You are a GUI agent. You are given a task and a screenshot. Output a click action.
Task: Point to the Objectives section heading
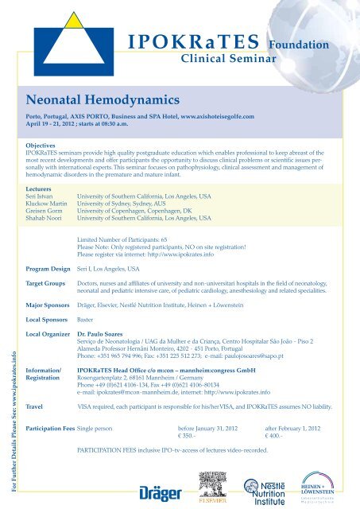point(45,146)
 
